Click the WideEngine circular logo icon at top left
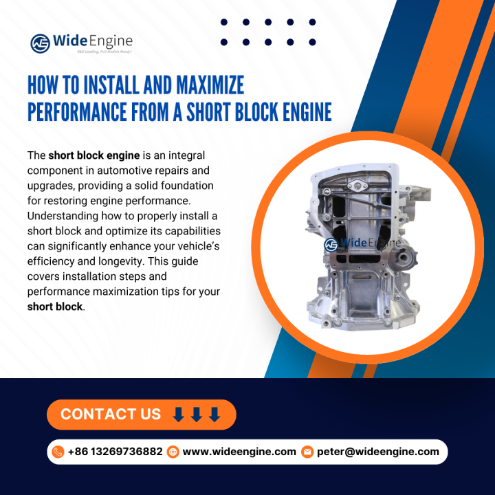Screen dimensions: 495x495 pyautogui.click(x=40, y=43)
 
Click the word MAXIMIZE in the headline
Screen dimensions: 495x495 pyautogui.click(x=210, y=85)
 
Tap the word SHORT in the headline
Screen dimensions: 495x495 pyautogui.click(x=208, y=112)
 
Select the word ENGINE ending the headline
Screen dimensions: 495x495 pyautogui.click(x=307, y=112)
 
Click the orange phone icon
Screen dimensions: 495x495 pyautogui.click(x=58, y=452)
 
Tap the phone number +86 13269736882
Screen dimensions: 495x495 pyautogui.click(x=115, y=452)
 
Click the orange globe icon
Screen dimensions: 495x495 pyautogui.click(x=173, y=452)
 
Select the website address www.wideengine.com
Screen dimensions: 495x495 pyautogui.click(x=239, y=452)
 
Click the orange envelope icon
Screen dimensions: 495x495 pyautogui.click(x=307, y=452)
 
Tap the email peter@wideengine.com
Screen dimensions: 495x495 pyautogui.click(x=378, y=452)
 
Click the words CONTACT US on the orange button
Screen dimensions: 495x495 pyautogui.click(x=111, y=414)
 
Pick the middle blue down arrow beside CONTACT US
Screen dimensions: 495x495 pyautogui.click(x=197, y=415)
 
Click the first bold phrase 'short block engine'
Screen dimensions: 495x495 pyautogui.click(x=94, y=155)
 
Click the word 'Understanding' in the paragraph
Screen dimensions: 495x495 pyautogui.click(x=63, y=216)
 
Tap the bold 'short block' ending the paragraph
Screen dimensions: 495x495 pyautogui.click(x=55, y=307)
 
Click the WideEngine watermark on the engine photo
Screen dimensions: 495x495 pyautogui.click(x=362, y=243)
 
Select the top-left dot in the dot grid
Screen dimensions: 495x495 pyautogui.click(x=224, y=22)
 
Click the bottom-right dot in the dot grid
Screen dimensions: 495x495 pyautogui.click(x=313, y=42)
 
